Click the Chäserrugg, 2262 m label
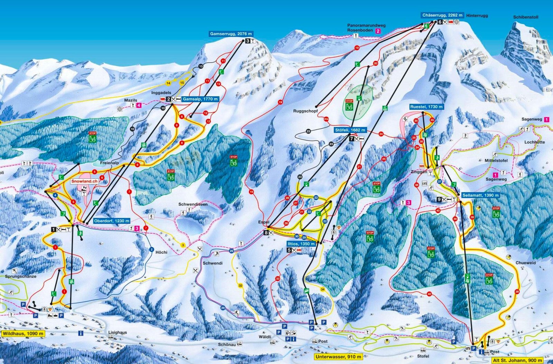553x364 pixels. [442, 15]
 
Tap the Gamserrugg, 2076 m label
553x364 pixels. [231, 34]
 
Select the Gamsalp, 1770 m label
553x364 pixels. [200, 99]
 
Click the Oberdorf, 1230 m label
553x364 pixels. [111, 221]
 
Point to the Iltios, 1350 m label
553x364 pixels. [301, 244]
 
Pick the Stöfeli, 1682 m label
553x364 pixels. [350, 130]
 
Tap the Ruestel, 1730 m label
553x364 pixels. [426, 107]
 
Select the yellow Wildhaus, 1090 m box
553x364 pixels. [23, 334]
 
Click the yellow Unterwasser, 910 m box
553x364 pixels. [338, 357]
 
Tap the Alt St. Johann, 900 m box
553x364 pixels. [517, 361]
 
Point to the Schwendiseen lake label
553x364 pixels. [193, 204]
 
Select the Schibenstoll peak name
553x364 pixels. [525, 17]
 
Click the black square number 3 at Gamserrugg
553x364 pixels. [247, 41]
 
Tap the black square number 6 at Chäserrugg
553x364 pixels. [439, 22]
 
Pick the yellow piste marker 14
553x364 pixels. [168, 83]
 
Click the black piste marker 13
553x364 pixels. [201, 66]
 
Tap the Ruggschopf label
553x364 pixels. [305, 111]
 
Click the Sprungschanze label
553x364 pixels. [20, 277]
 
